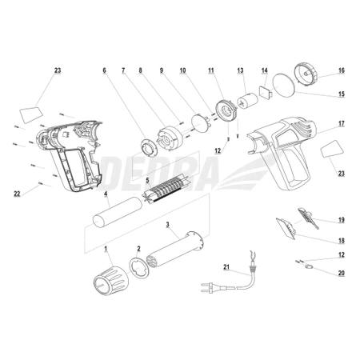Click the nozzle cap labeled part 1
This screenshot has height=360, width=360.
click(x=110, y=281)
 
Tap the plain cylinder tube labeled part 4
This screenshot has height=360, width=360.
click(x=118, y=212)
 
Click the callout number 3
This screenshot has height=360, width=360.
click(x=167, y=225)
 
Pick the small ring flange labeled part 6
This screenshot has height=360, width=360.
click(x=149, y=148)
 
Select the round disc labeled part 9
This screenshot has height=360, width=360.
click(x=201, y=123)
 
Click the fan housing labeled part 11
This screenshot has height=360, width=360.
click(x=226, y=110)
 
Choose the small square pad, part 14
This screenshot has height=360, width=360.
click(x=266, y=92)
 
